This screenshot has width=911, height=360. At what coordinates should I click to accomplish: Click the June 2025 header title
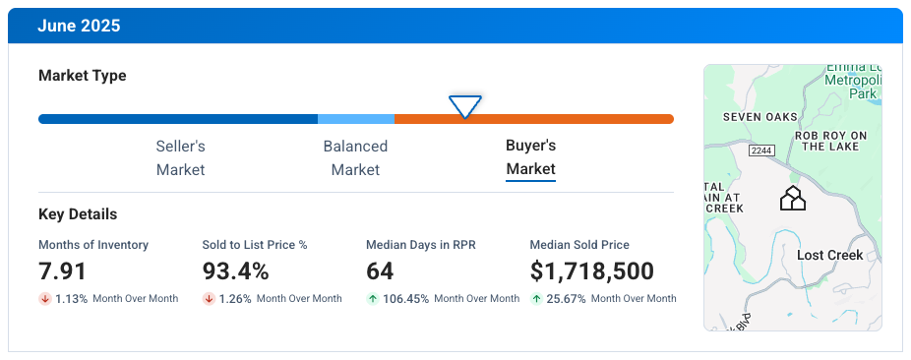[79, 27]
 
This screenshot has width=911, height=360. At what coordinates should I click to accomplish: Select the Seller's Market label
[180, 157]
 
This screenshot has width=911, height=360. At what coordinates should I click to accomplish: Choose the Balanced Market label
[355, 157]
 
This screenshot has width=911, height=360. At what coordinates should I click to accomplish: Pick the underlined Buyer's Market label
[531, 157]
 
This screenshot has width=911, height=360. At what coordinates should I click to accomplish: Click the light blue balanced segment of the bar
[356, 119]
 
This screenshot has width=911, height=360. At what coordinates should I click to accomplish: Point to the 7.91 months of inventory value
[63, 271]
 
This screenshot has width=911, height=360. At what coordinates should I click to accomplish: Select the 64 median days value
[380, 271]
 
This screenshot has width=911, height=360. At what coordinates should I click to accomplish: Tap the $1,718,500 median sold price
[591, 271]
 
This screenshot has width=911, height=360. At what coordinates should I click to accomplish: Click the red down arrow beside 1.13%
[44, 298]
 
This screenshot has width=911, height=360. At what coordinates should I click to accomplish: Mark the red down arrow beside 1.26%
[209, 298]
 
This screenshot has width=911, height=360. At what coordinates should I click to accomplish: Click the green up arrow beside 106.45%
[372, 298]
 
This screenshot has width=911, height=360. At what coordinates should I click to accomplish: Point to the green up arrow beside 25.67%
[536, 298]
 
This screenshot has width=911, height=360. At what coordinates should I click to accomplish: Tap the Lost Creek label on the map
[829, 256]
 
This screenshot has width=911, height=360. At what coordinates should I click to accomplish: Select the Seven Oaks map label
[759, 117]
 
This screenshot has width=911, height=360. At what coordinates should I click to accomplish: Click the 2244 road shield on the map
[760, 150]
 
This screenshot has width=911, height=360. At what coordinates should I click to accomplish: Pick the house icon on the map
[792, 199]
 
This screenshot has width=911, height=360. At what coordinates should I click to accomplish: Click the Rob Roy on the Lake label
[831, 141]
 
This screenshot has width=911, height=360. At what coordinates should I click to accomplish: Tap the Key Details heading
[78, 214]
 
